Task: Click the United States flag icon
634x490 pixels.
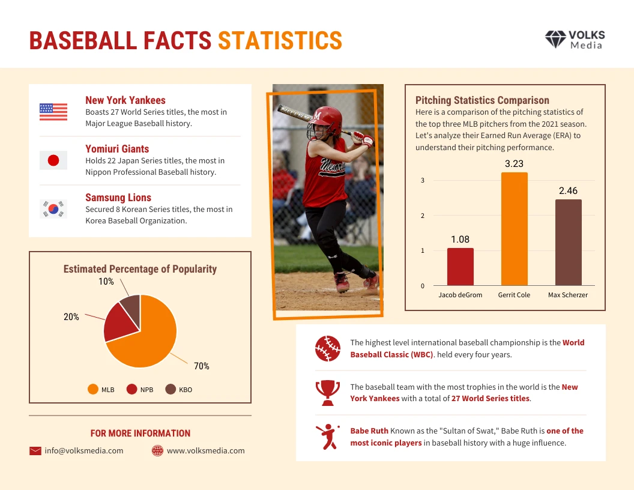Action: click(53, 112)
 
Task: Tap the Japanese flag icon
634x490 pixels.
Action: click(53, 160)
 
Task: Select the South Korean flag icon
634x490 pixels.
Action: click(53, 209)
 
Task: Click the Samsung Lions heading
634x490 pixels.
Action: click(118, 198)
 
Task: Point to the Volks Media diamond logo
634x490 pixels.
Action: click(555, 40)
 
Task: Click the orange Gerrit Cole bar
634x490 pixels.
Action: click(515, 229)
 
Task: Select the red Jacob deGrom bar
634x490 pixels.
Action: click(460, 267)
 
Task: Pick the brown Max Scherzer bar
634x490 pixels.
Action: click(568, 242)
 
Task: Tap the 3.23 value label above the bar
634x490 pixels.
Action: click(515, 163)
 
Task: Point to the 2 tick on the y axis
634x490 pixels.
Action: click(423, 216)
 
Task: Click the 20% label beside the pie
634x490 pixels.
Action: click(71, 316)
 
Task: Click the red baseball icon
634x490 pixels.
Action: click(327, 348)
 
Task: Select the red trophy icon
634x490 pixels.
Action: click(327, 392)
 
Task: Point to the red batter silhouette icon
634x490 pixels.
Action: click(327, 437)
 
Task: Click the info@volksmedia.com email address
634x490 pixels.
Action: click(84, 450)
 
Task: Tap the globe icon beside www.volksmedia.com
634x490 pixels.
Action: click(158, 450)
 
